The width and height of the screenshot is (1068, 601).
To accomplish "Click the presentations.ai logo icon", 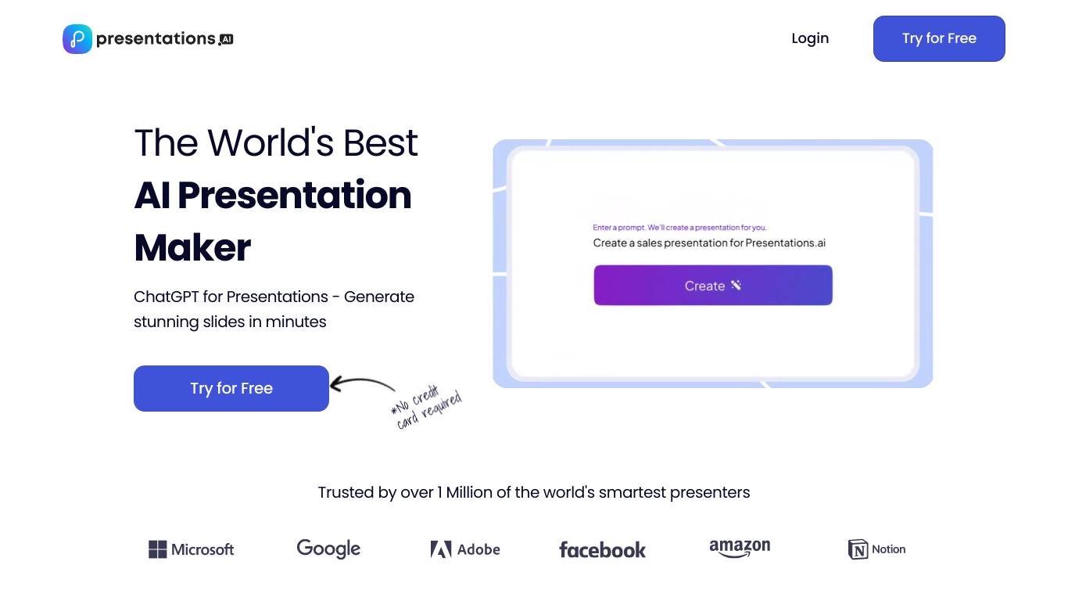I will point(77,39).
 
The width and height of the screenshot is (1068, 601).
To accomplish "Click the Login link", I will point(810,38).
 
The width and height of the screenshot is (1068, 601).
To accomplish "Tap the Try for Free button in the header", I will point(939,38).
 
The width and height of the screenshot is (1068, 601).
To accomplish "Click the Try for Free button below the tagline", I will point(231,388).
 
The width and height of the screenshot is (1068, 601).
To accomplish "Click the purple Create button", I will point(713,286).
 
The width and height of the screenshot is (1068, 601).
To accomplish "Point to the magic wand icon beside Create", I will point(736,285).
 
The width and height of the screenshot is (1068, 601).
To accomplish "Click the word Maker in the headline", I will point(192,247).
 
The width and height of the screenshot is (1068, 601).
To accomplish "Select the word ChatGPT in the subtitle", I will point(166,297).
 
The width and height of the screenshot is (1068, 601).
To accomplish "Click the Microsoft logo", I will point(192,549).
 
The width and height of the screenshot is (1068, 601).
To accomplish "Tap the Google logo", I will point(328,549).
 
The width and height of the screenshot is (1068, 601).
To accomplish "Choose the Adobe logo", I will point(465,549).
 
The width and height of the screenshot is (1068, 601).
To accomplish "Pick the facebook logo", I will point(602,550).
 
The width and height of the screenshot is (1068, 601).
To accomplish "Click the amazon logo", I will point(740,548).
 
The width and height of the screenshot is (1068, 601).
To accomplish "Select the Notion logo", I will point(876,549).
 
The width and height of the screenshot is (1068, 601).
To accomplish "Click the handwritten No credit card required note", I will point(426,408).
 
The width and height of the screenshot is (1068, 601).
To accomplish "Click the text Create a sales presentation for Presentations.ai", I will point(709,243).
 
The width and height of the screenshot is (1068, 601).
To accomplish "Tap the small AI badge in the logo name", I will point(226,39).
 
